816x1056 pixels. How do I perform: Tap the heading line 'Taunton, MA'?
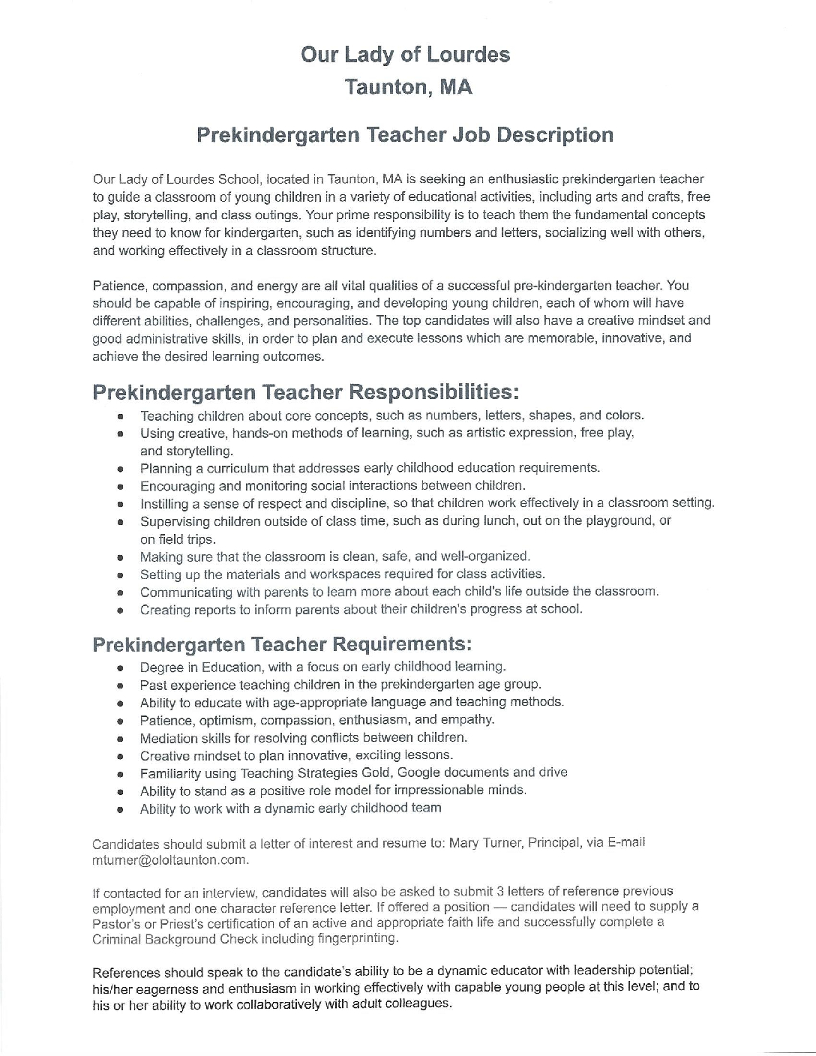(408, 88)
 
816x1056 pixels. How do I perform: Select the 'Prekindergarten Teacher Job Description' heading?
(405, 135)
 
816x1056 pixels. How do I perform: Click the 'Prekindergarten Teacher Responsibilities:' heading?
(305, 392)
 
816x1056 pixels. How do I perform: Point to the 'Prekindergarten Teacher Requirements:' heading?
(282, 644)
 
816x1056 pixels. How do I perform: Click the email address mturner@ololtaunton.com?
(169, 859)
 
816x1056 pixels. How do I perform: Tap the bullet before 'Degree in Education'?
(120, 667)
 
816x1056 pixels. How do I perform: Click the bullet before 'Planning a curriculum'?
(120, 469)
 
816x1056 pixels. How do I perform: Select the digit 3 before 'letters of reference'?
(500, 892)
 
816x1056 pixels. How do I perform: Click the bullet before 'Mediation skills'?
(120, 739)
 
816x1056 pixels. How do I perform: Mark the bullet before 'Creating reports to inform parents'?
(120, 610)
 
